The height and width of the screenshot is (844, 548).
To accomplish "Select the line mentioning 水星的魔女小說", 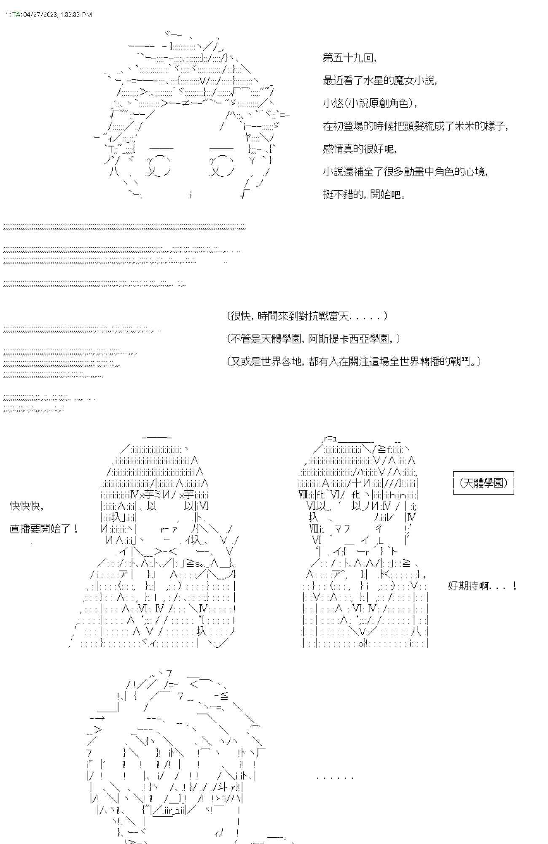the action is click(380, 81).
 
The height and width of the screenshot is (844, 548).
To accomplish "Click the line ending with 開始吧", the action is click(364, 195).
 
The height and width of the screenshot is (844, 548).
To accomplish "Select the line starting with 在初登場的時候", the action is click(415, 126).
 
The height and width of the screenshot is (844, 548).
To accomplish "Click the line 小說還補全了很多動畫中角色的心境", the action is click(405, 172).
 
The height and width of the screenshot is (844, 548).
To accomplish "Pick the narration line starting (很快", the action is click(307, 316).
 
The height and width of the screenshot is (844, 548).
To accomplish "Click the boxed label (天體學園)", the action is click(484, 483).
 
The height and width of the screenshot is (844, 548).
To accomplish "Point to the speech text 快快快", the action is click(27, 506).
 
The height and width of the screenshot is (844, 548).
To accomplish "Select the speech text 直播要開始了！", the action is click(44, 528).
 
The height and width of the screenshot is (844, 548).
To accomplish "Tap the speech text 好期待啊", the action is click(482, 585).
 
